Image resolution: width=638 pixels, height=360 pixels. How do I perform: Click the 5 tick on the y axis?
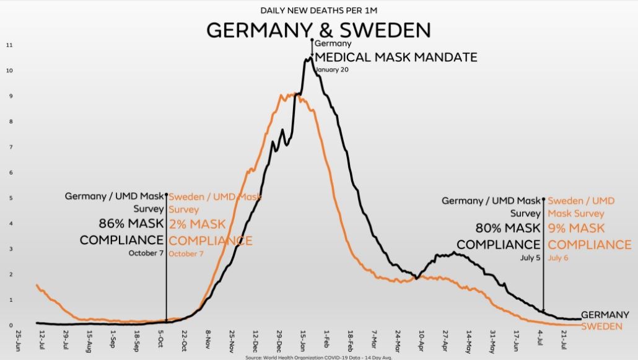[11, 198]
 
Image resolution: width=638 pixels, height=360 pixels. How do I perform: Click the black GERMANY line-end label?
[601, 315]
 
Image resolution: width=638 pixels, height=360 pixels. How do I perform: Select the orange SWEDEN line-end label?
[600, 327]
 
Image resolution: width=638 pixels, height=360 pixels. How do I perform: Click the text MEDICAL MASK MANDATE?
[396, 58]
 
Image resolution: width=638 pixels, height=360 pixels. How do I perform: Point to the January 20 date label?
[332, 70]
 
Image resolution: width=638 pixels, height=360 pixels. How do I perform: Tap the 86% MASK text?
[131, 224]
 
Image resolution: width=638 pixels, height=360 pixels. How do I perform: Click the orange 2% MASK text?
[198, 224]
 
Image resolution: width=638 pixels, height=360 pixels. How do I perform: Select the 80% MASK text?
[508, 228]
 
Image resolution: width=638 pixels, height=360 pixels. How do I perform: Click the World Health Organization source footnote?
[318, 357]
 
